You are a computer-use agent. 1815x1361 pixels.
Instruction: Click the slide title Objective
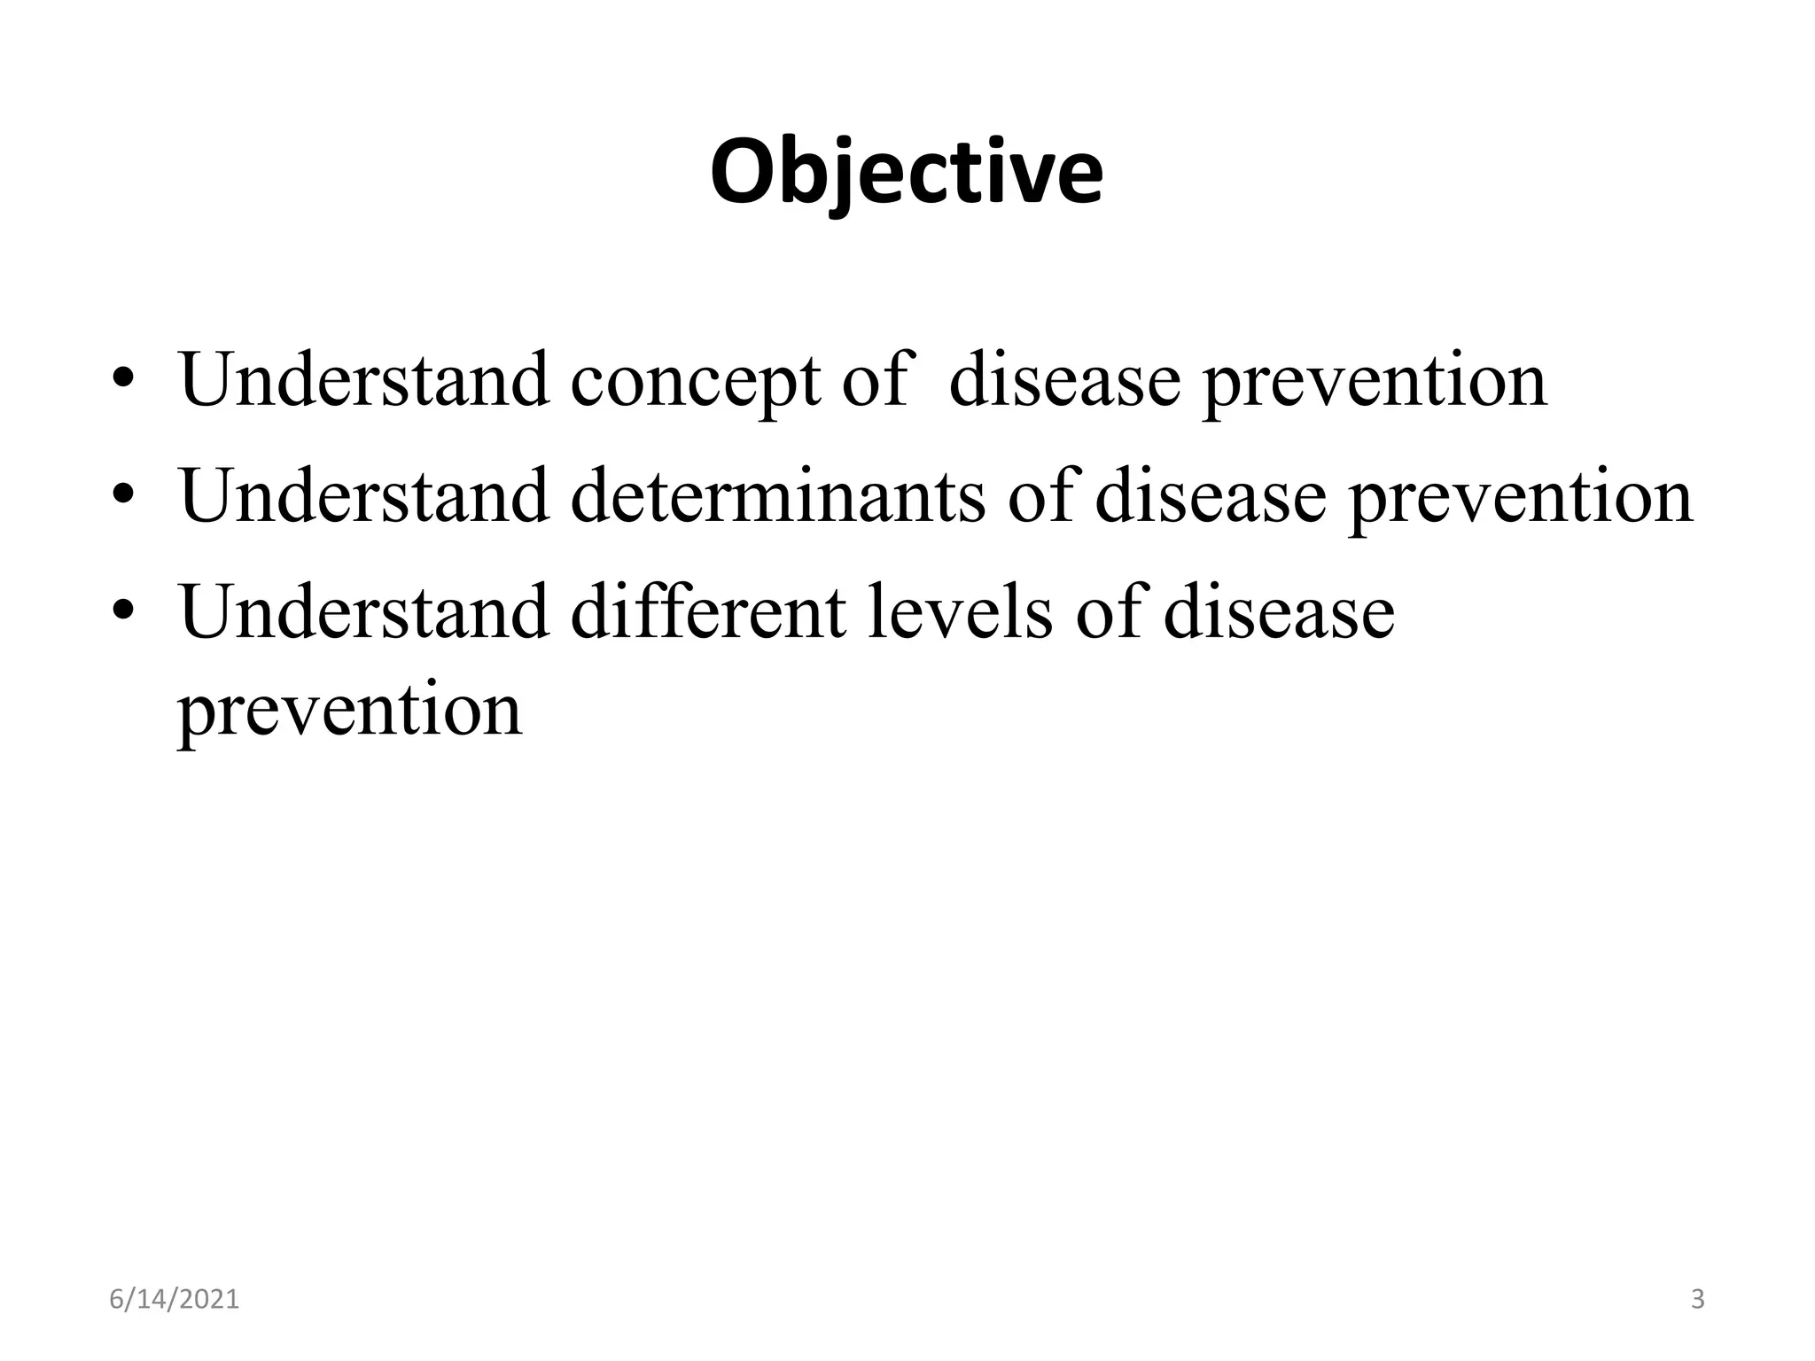[x=907, y=173]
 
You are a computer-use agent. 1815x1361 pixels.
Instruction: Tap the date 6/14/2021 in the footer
[x=175, y=1300]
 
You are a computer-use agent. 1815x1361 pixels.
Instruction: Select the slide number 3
[x=1697, y=1300]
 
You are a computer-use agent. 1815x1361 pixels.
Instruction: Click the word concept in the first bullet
[x=695, y=381]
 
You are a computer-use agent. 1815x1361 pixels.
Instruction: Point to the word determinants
[x=777, y=496]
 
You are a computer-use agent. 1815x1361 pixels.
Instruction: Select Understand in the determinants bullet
[x=363, y=495]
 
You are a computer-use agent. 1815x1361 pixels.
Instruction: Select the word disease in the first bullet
[x=1064, y=381]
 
